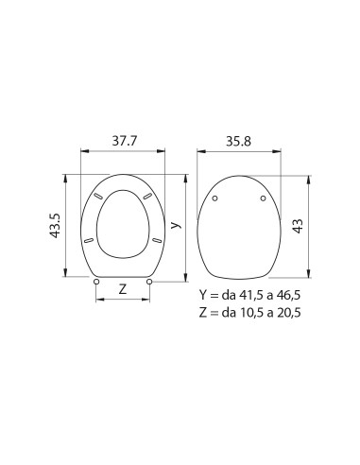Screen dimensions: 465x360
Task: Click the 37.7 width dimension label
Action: pyautogui.click(x=123, y=139)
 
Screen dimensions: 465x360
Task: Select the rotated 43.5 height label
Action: pyautogui.click(x=56, y=226)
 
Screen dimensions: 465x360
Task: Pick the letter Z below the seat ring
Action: pyautogui.click(x=124, y=289)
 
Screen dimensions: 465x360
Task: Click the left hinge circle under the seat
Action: pyautogui.click(x=97, y=280)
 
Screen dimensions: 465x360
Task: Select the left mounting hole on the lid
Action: pyautogui.click(x=215, y=198)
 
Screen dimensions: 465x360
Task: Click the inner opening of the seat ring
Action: pyautogui.click(x=124, y=222)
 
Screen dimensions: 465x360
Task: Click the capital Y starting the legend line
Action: pyautogui.click(x=203, y=295)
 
